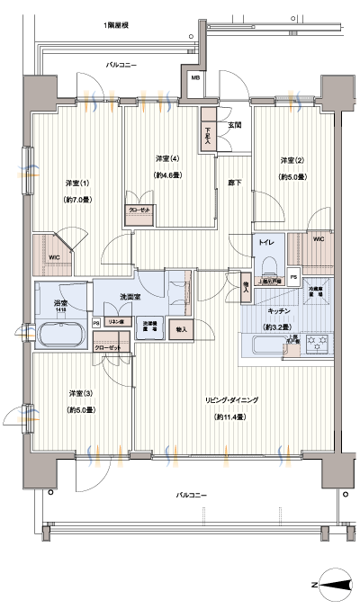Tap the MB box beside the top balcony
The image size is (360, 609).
click(195, 78)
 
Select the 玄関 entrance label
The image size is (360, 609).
click(234, 125)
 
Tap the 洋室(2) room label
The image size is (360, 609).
click(288, 160)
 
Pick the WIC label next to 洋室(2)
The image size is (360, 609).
click(319, 239)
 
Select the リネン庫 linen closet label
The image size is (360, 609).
click(117, 321)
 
